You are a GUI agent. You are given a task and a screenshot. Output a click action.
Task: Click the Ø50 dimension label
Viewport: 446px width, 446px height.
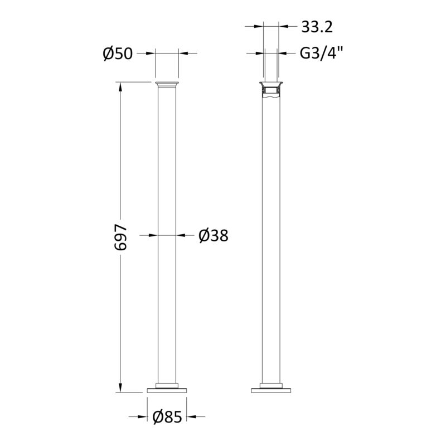click(118, 54)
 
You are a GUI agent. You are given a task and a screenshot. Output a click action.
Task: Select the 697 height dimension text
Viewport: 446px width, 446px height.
click(120, 237)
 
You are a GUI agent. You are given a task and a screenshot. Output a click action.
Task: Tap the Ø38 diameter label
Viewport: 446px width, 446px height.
click(214, 236)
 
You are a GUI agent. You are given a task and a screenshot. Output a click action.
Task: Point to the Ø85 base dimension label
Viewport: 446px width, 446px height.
click(167, 417)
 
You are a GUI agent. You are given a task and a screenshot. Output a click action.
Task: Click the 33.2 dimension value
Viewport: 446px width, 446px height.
click(317, 27)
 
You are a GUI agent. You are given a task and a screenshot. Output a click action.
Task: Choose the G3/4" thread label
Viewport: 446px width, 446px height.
click(322, 53)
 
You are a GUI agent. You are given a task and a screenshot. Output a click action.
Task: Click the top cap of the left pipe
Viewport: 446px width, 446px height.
click(167, 85)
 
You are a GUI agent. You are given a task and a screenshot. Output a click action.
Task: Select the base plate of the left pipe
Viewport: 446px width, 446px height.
click(167, 390)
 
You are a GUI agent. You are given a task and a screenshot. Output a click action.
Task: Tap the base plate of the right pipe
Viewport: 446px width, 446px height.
click(271, 390)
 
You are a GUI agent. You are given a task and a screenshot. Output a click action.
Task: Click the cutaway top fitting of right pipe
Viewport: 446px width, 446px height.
click(271, 90)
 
